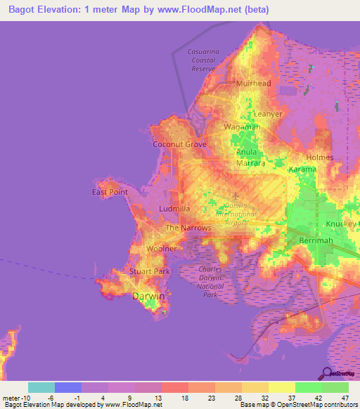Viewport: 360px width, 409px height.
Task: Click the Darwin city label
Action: tap(148, 297)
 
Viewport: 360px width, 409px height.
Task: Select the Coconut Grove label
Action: tap(180, 144)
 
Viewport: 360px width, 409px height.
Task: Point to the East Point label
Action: tap(110, 192)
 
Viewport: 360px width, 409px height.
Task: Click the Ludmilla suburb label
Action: tap(175, 209)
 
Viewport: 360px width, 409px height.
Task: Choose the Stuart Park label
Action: tap(150, 271)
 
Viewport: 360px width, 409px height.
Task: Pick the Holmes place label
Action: tap(320, 157)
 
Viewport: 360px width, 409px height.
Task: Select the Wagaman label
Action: tap(242, 126)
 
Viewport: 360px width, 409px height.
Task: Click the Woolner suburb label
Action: tap(161, 249)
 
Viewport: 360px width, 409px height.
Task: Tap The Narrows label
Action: tap(188, 228)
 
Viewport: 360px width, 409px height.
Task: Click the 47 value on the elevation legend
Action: tap(345, 397)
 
